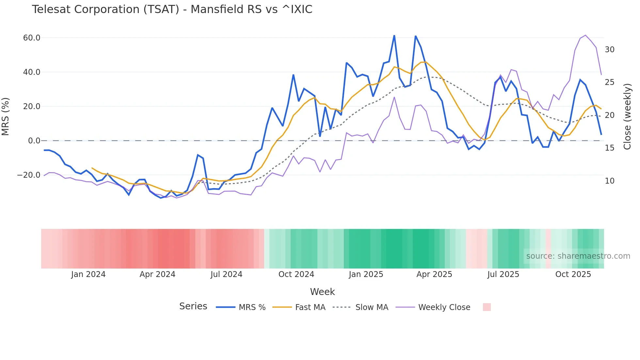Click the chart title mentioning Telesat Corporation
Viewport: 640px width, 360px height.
point(172,9)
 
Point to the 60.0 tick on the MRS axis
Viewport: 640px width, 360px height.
point(32,38)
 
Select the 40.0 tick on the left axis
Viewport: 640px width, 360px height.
point(32,72)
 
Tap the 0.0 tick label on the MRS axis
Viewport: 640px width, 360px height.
point(34,141)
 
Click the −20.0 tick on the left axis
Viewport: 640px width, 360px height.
point(29,175)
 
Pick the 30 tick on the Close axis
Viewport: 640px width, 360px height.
point(609,50)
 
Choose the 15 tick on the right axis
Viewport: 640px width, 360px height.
point(609,148)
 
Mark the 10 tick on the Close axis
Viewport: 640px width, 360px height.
point(609,181)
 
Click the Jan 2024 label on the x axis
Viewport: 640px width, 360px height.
point(88,274)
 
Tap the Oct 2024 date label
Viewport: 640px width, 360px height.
point(296,274)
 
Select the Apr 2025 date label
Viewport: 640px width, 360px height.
point(434,274)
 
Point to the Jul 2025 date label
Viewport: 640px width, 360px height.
point(503,274)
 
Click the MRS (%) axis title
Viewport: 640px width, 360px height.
point(6,117)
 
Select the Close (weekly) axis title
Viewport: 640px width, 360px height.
point(627,117)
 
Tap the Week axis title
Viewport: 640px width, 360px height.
point(322,292)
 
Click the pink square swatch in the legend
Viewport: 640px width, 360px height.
point(487,307)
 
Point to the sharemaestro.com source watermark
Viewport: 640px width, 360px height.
point(578,256)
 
